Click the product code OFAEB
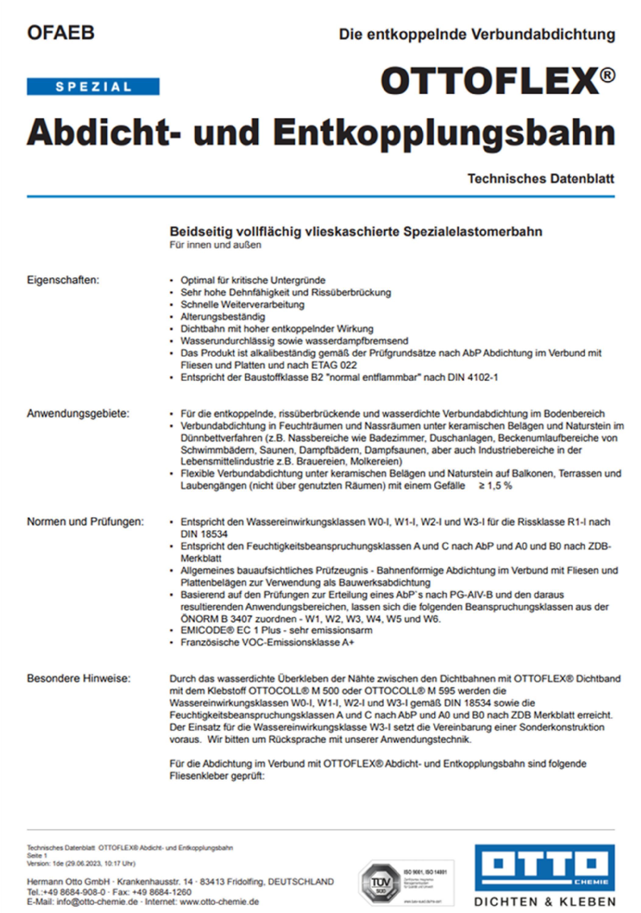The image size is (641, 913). [61, 33]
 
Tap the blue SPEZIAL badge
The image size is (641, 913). [93, 87]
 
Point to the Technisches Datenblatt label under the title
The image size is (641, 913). [541, 179]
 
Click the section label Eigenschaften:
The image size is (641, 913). [63, 280]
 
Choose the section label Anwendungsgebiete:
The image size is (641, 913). [78, 414]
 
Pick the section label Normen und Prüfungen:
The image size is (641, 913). [86, 521]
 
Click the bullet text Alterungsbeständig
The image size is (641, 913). [223, 317]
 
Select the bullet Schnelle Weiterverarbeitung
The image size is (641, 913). [242, 305]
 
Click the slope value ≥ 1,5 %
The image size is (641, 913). [495, 485]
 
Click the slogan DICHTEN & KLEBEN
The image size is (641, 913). [545, 901]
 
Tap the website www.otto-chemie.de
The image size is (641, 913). [219, 901]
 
